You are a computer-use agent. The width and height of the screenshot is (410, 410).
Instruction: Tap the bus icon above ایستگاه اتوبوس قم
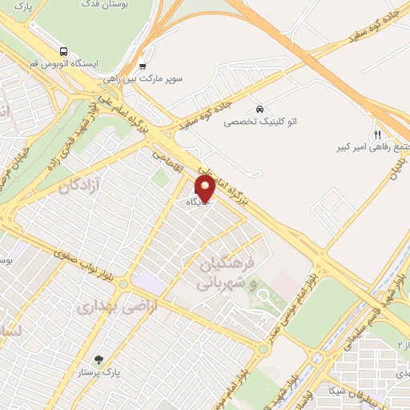[64, 50]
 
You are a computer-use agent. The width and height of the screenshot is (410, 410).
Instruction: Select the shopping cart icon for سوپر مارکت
[143, 66]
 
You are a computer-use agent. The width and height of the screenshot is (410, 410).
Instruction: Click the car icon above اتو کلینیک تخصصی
[259, 108]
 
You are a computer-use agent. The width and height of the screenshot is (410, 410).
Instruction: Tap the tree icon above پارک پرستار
[98, 360]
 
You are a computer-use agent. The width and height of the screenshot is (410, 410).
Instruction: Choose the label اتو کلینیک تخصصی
[259, 122]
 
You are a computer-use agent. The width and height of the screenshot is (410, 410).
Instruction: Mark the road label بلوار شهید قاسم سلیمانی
[352, 325]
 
